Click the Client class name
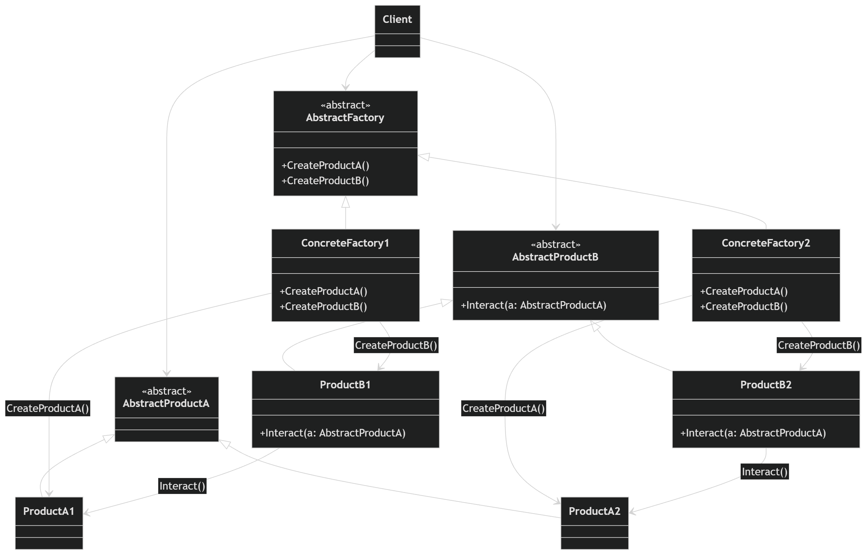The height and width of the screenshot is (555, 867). pyautogui.click(x=397, y=19)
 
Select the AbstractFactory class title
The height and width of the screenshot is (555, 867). pyautogui.click(x=345, y=118)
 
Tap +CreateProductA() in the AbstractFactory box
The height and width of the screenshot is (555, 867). pyautogui.click(x=326, y=165)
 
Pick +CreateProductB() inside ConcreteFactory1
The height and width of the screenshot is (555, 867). pyautogui.click(x=323, y=306)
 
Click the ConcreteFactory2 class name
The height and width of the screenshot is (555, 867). pyautogui.click(x=766, y=243)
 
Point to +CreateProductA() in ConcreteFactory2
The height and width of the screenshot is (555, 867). pyautogui.click(x=744, y=291)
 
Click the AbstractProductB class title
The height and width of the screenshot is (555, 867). pyautogui.click(x=555, y=257)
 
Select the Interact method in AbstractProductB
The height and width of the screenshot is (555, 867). pyautogui.click(x=533, y=305)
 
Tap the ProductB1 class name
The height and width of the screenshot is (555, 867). pyautogui.click(x=345, y=384)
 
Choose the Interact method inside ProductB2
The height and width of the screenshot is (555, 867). pyautogui.click(x=753, y=433)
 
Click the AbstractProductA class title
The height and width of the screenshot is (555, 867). pyautogui.click(x=166, y=403)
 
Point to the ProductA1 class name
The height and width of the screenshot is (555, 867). pyautogui.click(x=49, y=511)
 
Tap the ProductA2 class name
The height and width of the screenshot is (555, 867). pyautogui.click(x=594, y=511)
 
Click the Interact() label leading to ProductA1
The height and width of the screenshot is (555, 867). pyautogui.click(x=182, y=486)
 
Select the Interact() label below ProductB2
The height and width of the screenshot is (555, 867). pyautogui.click(x=765, y=471)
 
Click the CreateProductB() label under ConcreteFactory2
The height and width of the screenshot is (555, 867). pyautogui.click(x=819, y=345)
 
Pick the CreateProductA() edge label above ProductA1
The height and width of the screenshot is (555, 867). pyautogui.click(x=47, y=408)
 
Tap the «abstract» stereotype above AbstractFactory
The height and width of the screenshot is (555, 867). pyautogui.click(x=345, y=105)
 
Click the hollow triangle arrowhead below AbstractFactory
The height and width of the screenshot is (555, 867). pyautogui.click(x=346, y=202)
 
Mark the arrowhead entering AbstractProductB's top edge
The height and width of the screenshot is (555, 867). pyautogui.click(x=556, y=227)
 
